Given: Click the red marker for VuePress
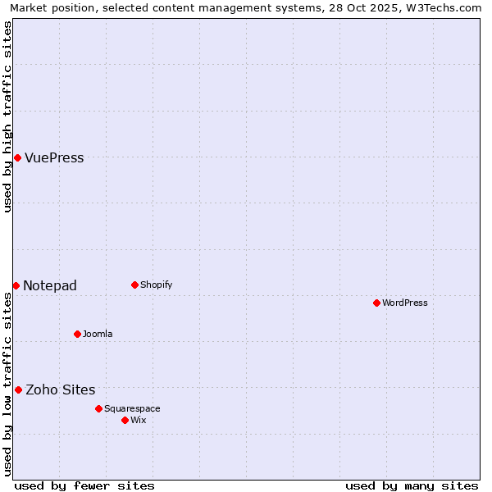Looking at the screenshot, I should tap(17, 157).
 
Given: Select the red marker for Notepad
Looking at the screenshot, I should tap(16, 285).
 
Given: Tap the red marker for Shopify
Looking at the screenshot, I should tap(134, 285).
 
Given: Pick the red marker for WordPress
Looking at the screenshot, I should tap(376, 303).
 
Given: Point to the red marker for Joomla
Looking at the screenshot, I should tap(77, 334).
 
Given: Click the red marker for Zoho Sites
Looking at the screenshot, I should tap(18, 389).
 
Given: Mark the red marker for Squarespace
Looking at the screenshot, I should tap(98, 408).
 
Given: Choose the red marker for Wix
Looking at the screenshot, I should tap(125, 420).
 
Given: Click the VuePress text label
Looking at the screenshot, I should tap(54, 158).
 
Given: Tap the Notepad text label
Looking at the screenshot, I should tap(50, 286).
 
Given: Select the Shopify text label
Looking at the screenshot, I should tap(156, 285).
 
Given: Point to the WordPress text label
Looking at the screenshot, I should tap(405, 303).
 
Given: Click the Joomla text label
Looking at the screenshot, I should tap(98, 335).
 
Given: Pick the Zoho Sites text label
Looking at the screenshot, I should tap(61, 390).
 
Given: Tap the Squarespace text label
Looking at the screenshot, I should tap(132, 409).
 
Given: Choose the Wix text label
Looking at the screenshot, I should tap(139, 421).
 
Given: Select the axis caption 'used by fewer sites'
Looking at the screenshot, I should tap(84, 485).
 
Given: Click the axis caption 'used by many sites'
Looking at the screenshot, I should tap(412, 485).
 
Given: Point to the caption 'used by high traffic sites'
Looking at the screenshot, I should tap(8, 116).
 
